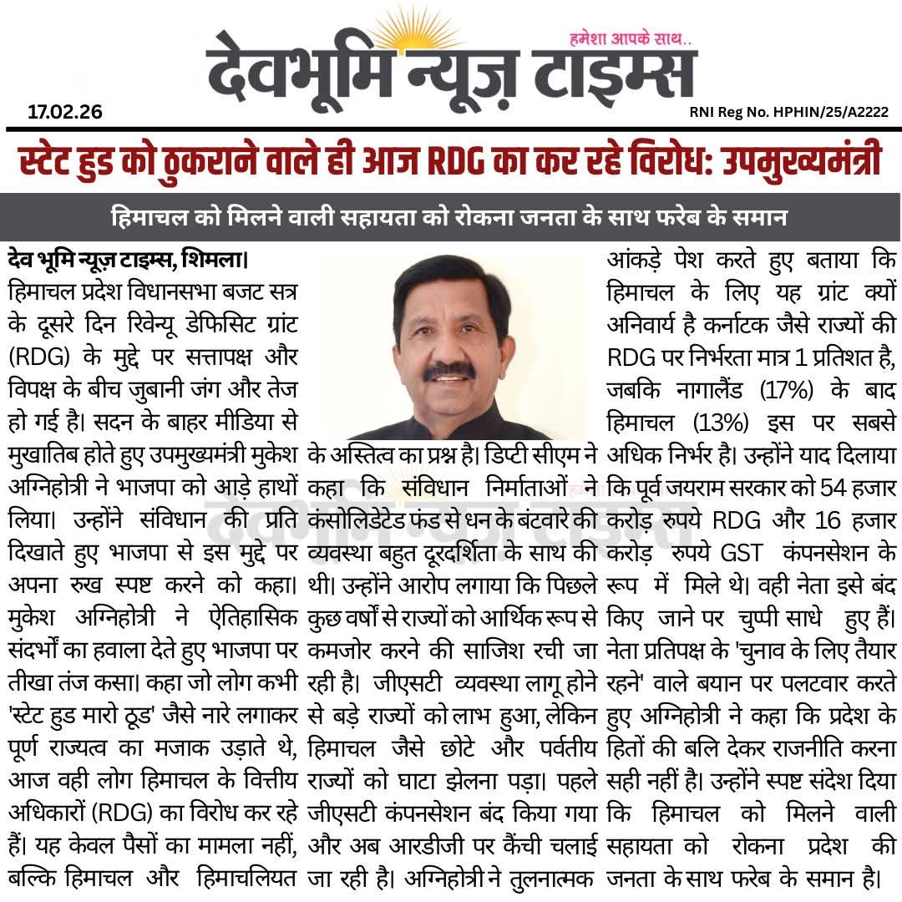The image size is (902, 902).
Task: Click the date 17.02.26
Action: [x=64, y=112]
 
